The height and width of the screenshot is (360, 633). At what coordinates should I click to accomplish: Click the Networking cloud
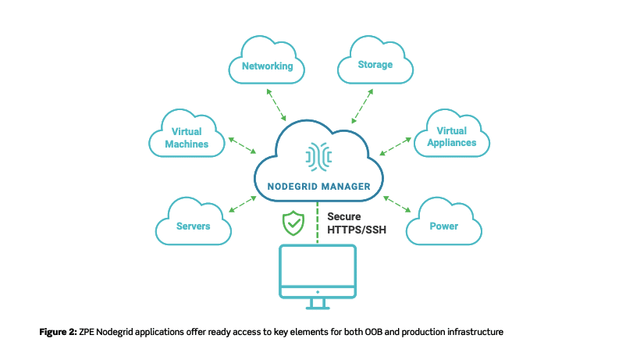[266, 66]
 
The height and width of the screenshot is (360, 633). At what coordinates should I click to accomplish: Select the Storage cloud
[375, 65]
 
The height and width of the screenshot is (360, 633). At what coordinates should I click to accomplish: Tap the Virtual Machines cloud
[187, 137]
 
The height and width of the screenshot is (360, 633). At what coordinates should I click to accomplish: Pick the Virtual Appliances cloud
[457, 137]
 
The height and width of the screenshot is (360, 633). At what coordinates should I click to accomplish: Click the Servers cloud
[193, 226]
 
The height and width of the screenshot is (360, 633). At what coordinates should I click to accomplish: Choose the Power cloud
[443, 226]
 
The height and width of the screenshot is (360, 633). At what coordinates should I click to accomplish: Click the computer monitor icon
[318, 270]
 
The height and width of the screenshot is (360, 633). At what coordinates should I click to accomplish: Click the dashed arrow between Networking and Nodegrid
[276, 105]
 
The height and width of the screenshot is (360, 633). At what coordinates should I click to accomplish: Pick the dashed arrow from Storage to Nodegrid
[361, 105]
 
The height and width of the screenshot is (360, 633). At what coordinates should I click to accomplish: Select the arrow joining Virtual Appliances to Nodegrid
[395, 146]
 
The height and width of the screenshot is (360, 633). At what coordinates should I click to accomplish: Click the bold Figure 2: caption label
[58, 332]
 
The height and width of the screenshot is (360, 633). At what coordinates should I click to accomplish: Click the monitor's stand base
[318, 306]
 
